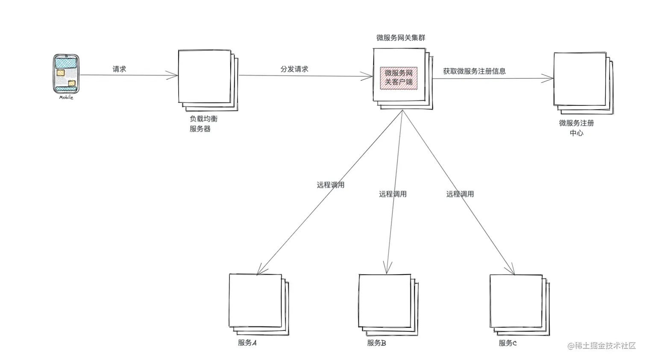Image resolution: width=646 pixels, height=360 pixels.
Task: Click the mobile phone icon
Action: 66,73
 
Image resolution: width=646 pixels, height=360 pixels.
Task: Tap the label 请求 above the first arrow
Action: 119,69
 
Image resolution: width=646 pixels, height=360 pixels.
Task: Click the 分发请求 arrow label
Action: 294,69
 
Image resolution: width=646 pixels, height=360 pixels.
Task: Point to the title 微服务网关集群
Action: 400,38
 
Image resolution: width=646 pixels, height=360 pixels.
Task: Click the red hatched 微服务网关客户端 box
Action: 399,78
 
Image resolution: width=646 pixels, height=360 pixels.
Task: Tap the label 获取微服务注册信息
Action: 474,71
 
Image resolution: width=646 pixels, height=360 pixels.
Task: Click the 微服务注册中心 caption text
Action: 576,128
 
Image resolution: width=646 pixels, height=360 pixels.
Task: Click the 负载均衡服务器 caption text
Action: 203,124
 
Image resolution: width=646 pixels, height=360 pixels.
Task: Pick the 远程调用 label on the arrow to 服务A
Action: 330,185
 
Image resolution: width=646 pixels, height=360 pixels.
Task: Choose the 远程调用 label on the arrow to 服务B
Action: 393,194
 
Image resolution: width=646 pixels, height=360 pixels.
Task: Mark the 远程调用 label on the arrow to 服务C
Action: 460,194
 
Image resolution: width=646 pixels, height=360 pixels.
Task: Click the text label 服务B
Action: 376,343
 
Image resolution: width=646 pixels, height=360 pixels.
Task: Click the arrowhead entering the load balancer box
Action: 174,76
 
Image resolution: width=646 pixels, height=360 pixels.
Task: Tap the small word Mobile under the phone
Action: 66,97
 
